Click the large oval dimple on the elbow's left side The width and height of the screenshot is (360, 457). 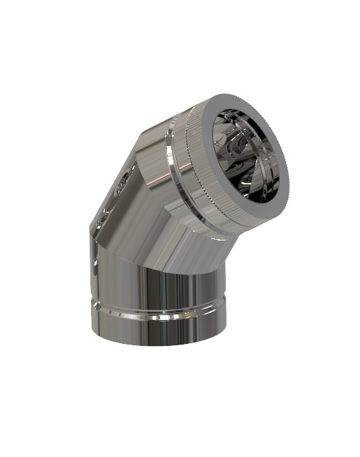[x=122, y=181]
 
